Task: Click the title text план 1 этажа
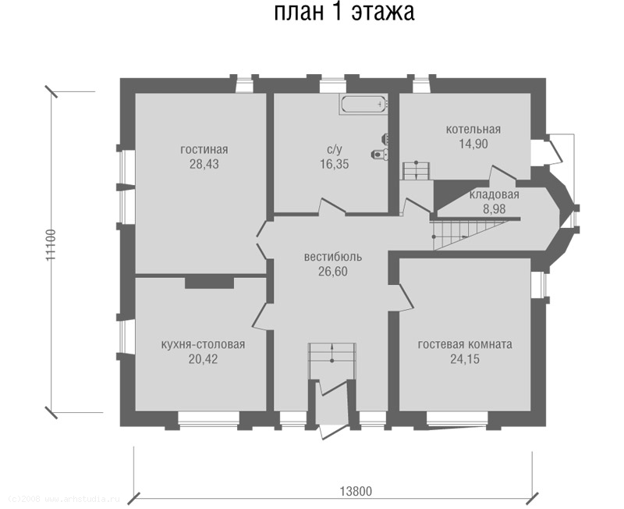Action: coord(344,12)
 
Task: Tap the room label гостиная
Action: coord(204,149)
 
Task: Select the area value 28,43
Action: coord(204,164)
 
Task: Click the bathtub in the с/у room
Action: coord(363,104)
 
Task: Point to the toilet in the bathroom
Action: coord(380,154)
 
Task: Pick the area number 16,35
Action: coord(335,164)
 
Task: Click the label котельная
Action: coord(473,130)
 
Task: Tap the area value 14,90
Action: coord(473,144)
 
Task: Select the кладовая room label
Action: coord(495,194)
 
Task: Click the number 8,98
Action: coord(495,209)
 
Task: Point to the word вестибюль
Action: coord(333,257)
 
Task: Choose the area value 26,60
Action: coord(333,272)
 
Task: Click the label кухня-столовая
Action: coord(204,344)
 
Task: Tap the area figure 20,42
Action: coord(204,359)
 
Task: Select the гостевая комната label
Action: coord(465,344)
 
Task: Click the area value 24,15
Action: coord(465,359)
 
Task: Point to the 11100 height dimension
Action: coord(51,245)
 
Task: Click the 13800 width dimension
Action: coord(356,492)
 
